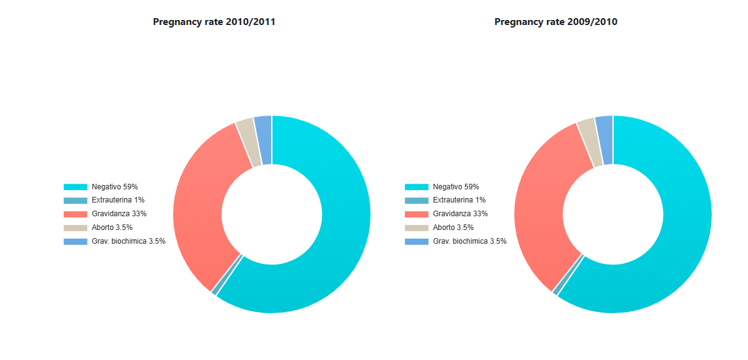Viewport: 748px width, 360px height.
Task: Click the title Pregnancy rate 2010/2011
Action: [214, 22]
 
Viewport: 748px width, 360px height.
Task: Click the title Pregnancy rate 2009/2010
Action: [556, 22]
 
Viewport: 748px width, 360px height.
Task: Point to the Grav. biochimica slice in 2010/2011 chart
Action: [264, 140]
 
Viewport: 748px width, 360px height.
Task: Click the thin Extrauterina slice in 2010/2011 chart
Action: [227, 274]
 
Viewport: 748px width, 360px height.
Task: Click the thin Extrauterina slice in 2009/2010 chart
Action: [569, 274]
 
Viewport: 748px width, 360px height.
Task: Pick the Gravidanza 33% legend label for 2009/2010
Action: [461, 214]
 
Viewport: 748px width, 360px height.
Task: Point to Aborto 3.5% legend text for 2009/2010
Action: [454, 227]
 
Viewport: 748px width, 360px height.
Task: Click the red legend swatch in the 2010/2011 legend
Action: [76, 214]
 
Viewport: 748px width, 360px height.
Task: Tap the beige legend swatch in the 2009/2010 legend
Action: [416, 228]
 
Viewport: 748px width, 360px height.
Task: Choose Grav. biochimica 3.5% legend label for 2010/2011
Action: [129, 241]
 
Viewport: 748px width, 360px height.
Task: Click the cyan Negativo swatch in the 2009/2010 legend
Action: [416, 187]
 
